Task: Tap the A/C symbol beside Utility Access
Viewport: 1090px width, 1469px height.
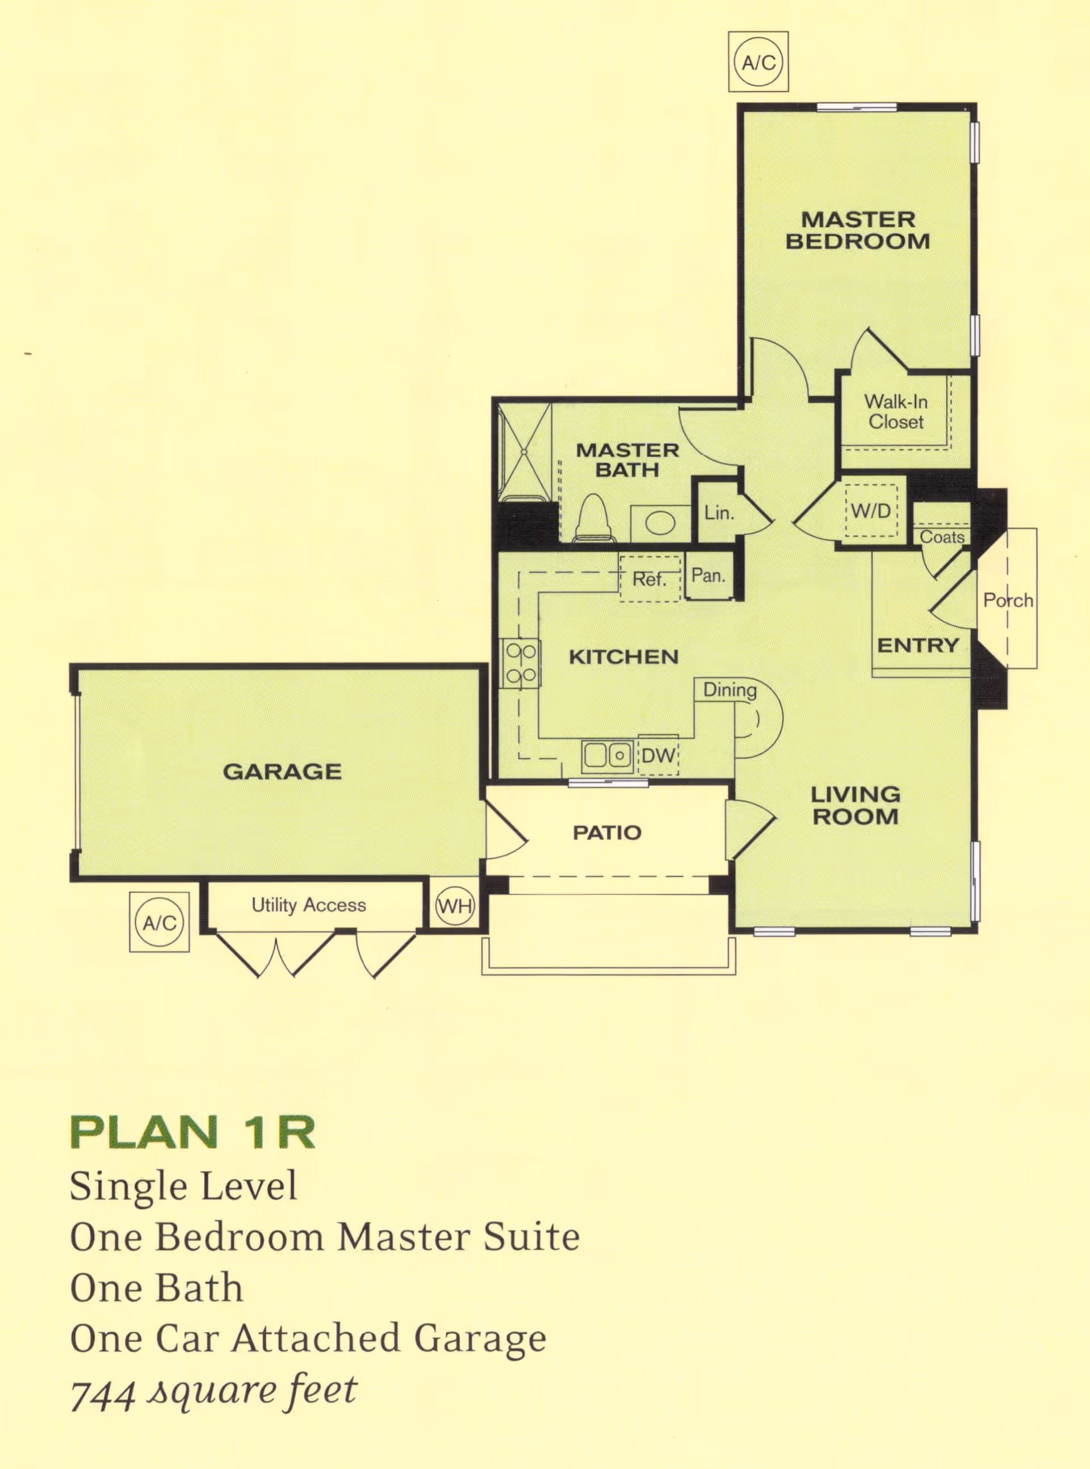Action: (x=159, y=922)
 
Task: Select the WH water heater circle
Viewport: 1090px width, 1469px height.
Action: (x=455, y=906)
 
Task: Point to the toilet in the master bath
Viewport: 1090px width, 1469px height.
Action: (x=594, y=518)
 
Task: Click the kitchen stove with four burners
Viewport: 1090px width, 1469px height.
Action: (x=520, y=664)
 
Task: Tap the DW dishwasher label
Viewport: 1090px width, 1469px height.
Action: (x=658, y=756)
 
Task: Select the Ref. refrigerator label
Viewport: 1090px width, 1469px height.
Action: (x=649, y=579)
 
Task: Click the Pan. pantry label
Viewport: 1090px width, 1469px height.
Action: (x=708, y=575)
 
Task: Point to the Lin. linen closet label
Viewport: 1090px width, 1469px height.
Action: (x=719, y=513)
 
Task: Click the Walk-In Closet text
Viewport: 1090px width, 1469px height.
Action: (x=895, y=411)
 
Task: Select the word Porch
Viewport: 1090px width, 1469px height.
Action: (x=1008, y=600)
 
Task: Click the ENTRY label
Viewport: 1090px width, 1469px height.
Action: (x=918, y=646)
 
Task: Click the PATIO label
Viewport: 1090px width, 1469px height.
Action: (x=606, y=832)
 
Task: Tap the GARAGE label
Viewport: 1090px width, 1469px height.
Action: (x=282, y=772)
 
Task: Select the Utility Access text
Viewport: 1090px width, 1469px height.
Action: (x=309, y=905)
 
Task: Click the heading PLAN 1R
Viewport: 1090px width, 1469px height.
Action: (x=192, y=1132)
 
